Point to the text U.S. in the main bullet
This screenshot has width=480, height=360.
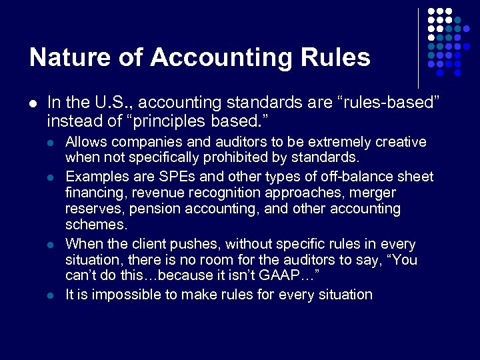[109, 103]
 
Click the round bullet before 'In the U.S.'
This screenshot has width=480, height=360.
[33, 103]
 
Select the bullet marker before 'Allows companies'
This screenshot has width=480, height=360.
[51, 143]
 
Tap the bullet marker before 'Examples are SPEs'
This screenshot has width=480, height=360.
[51, 177]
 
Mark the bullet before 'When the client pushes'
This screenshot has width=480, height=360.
[51, 245]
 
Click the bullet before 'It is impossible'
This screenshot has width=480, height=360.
[51, 295]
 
